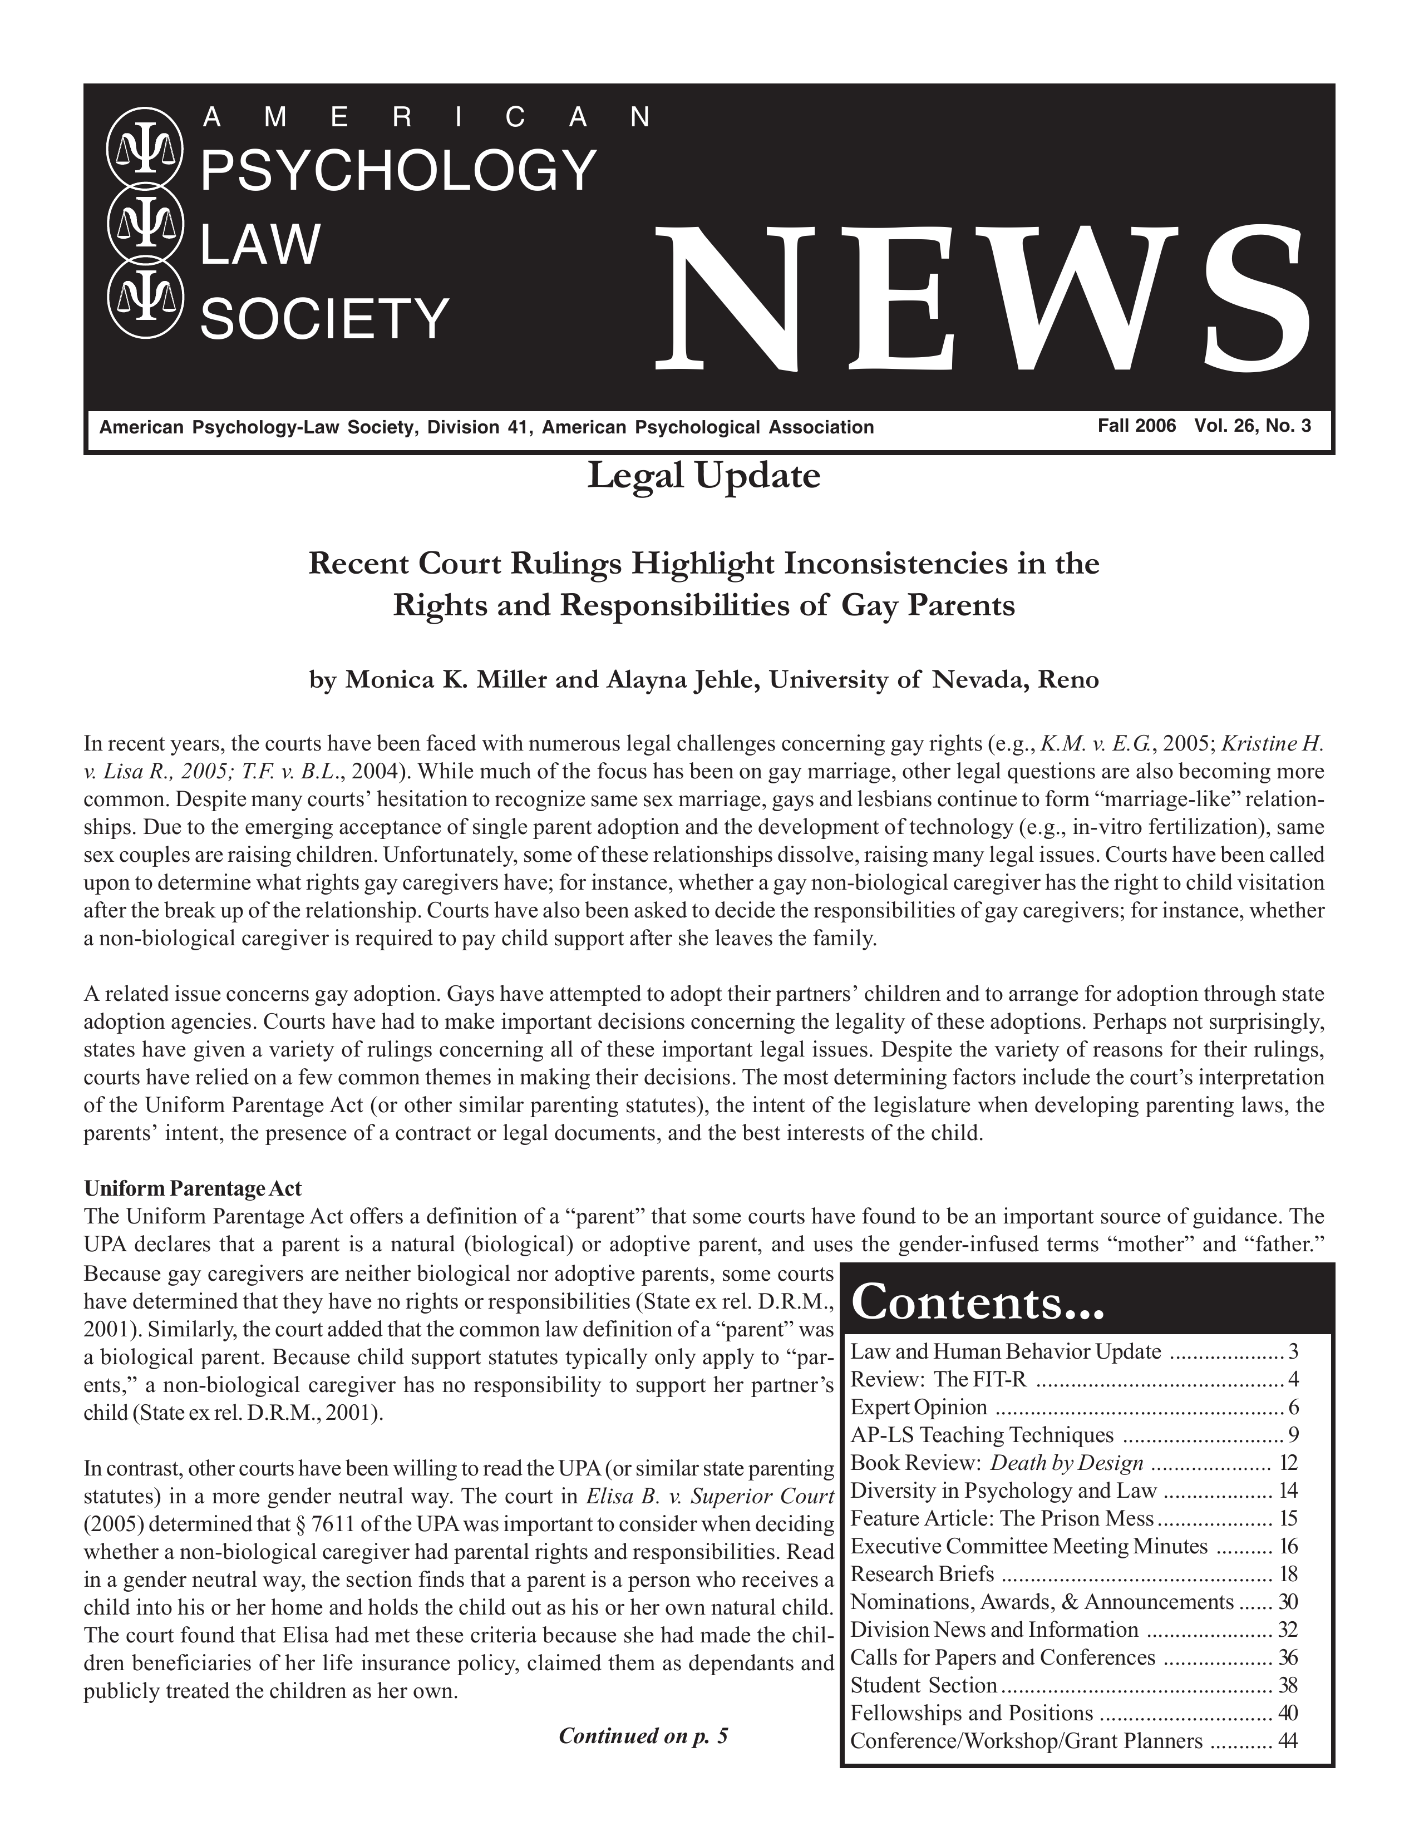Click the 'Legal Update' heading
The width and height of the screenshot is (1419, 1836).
[x=703, y=477]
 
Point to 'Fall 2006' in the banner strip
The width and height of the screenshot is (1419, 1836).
[x=1136, y=426]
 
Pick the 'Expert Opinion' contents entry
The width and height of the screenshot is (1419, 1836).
[x=919, y=1407]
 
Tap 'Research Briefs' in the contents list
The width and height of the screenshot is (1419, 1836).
[x=922, y=1574]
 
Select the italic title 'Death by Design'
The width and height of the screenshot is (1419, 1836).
[x=1067, y=1463]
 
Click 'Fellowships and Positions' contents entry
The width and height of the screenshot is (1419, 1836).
[x=972, y=1713]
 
